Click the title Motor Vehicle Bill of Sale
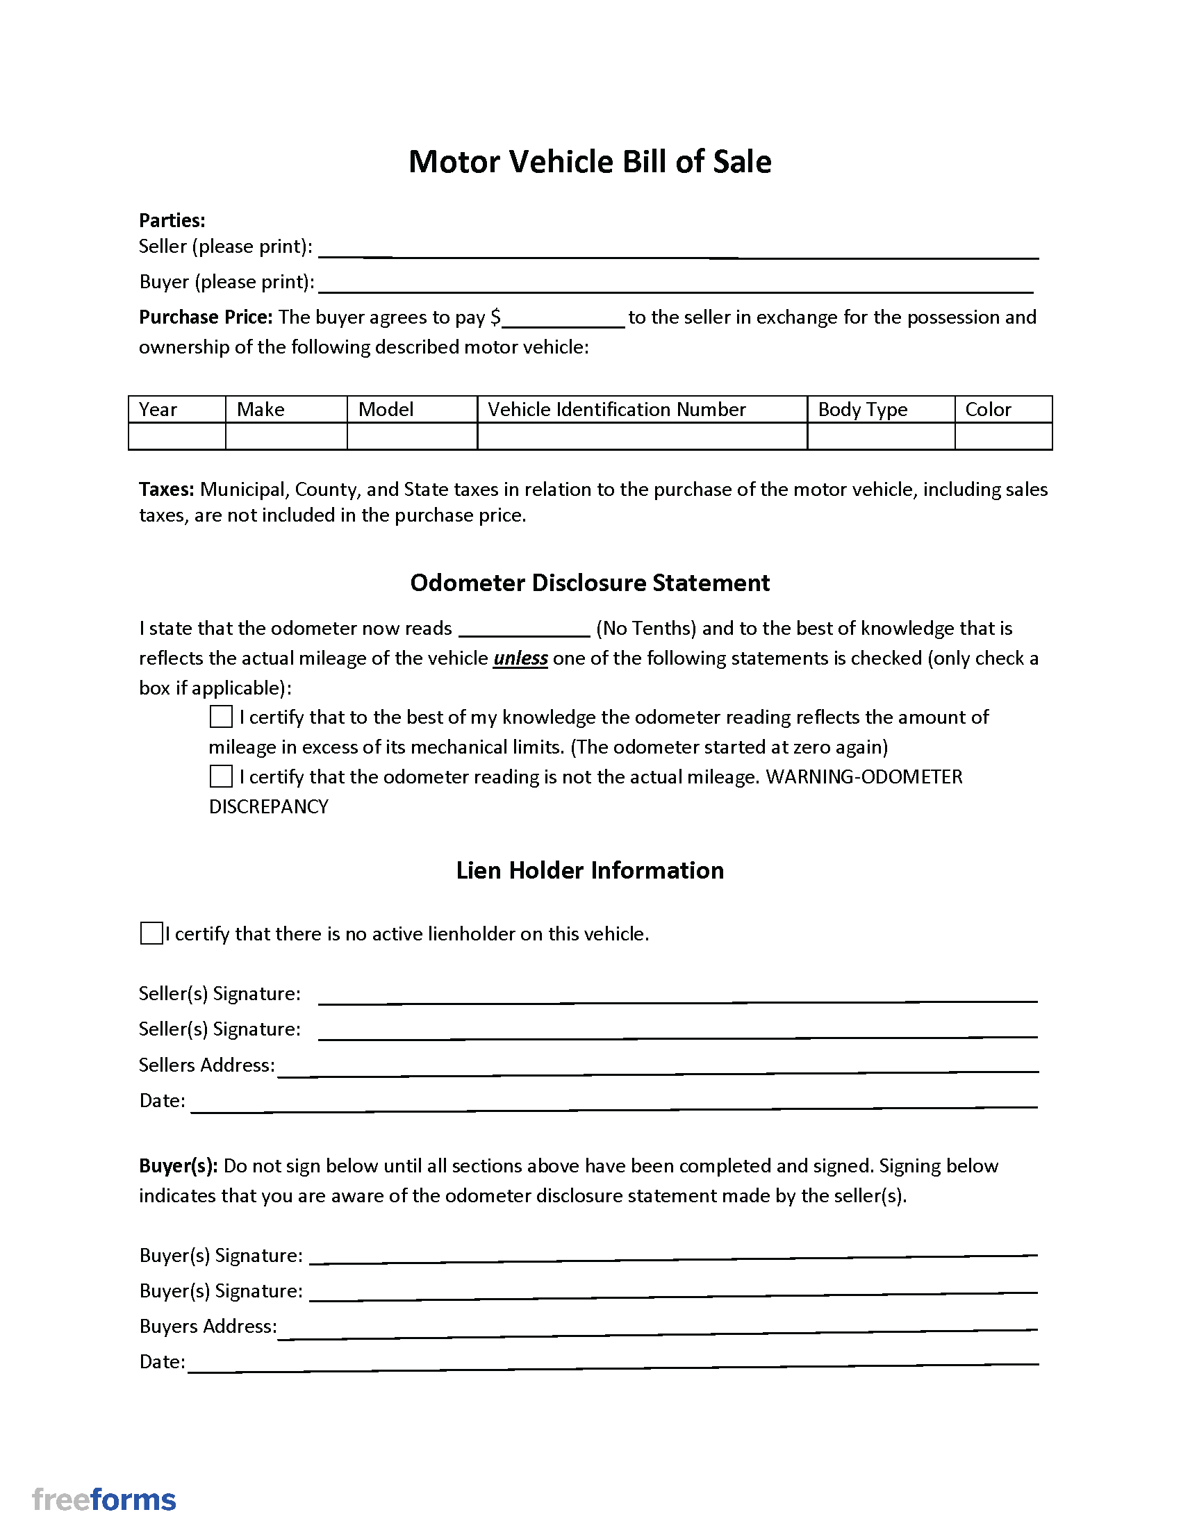click(x=590, y=162)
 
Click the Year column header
click(x=158, y=409)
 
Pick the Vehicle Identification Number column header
click(x=616, y=409)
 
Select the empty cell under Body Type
click(x=880, y=436)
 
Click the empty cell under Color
click(x=1002, y=436)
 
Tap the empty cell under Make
click(x=286, y=436)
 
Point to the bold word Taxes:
click(x=167, y=489)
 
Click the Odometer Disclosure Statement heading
click(x=590, y=583)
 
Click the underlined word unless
click(x=520, y=658)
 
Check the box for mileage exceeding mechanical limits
click(x=221, y=717)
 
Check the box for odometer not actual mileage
click(x=221, y=776)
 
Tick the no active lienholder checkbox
click(x=151, y=933)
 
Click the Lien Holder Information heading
click(x=590, y=870)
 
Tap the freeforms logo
click(x=104, y=1500)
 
